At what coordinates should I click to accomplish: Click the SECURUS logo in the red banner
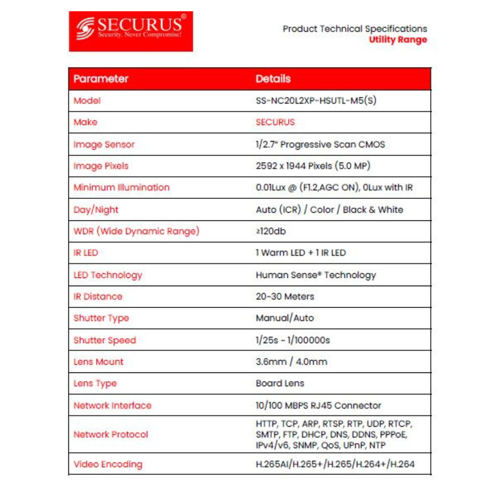131,31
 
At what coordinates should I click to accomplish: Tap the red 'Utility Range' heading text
398,39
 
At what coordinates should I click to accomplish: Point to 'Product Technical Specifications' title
355,28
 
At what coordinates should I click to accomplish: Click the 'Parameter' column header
101,79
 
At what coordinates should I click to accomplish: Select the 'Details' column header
273,79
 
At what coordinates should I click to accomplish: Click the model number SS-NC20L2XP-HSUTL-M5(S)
316,101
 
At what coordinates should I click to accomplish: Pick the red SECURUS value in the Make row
275,123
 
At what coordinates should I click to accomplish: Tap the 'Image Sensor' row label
104,145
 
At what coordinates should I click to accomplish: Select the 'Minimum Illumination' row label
122,188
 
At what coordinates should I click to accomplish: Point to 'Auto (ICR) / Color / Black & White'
329,210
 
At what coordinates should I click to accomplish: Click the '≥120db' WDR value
271,231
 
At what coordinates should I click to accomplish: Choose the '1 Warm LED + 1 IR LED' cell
301,253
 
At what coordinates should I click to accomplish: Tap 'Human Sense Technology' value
316,275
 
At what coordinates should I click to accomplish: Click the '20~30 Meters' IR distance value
285,297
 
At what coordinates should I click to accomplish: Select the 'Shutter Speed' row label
105,340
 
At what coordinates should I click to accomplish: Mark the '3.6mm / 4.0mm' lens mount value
291,362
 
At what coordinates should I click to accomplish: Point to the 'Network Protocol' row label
111,434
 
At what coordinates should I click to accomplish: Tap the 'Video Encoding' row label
108,464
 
